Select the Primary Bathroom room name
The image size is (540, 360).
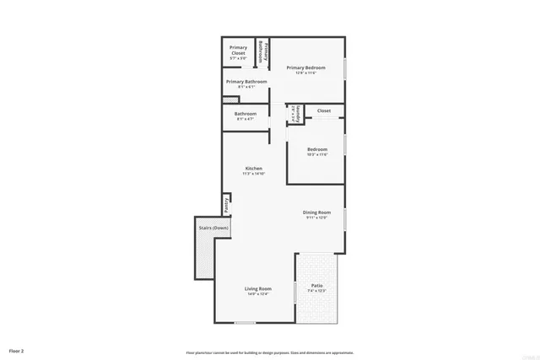point(246,82)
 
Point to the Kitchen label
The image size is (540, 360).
point(254,169)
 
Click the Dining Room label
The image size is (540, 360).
point(317,212)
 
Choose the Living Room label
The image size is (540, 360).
point(257,288)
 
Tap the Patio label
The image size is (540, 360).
point(317,286)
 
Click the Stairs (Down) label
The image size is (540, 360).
point(213,228)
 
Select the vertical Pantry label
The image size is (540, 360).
point(226,205)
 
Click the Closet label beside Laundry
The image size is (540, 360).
point(324,110)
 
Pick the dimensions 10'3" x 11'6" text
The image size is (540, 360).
point(317,154)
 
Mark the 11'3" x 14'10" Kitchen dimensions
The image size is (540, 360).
point(254,174)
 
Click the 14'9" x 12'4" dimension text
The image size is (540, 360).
point(257,293)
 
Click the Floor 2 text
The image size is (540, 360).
point(17,350)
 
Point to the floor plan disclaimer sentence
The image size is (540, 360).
point(270,352)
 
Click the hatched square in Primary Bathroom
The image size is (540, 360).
point(225,99)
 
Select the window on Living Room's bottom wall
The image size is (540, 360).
point(246,323)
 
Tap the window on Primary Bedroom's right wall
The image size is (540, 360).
point(345,67)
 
